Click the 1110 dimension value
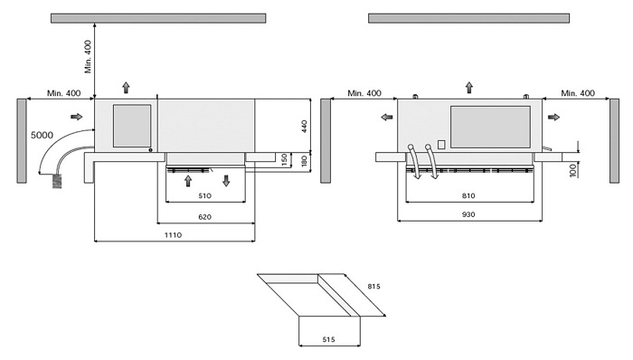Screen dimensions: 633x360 click(x=173, y=235)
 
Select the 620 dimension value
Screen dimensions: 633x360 click(x=204, y=217)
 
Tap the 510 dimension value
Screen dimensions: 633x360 click(x=204, y=195)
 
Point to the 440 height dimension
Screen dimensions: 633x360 click(x=305, y=127)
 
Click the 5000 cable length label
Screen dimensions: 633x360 click(x=42, y=135)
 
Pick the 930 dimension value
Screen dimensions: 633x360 click(x=468, y=214)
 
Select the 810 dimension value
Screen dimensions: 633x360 click(x=468, y=195)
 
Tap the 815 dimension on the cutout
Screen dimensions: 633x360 click(x=373, y=287)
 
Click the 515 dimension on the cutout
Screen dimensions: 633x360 click(x=328, y=339)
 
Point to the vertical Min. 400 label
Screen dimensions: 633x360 click(x=88, y=56)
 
